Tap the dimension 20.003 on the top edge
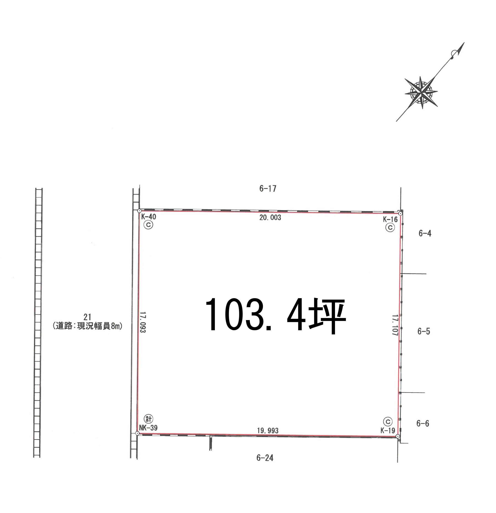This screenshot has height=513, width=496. click(270, 218)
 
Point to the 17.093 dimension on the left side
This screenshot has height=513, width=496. click(143, 322)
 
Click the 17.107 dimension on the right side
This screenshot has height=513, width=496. click(395, 325)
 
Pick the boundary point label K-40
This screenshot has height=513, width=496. click(148, 217)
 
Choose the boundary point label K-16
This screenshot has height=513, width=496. click(390, 219)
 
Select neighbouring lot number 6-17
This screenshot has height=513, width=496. click(268, 188)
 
